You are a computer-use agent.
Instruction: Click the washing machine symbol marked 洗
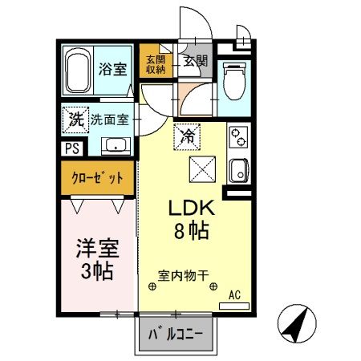pyautogui.click(x=73, y=120)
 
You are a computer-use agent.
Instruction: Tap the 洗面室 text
pyautogui.click(x=107, y=120)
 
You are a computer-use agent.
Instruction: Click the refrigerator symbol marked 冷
pyautogui.click(x=186, y=136)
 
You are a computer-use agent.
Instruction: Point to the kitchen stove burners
pyautogui.click(x=237, y=139)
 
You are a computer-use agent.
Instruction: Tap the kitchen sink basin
pyautogui.click(x=237, y=170)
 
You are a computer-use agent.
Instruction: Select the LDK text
pyautogui.click(x=188, y=208)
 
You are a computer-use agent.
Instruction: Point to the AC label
pyautogui.click(x=235, y=295)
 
